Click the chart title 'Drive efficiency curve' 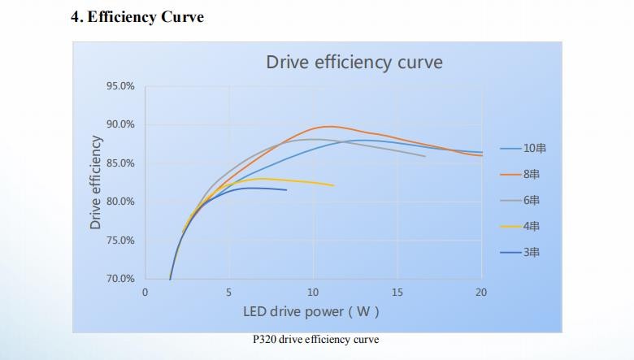(354, 63)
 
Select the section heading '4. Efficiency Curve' (137, 17)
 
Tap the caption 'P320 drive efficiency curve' (315, 339)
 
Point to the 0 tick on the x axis (145, 293)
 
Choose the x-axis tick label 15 (397, 293)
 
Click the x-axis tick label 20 (481, 293)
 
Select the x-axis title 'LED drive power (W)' (311, 311)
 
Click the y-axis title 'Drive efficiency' (96, 182)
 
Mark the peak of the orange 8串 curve (328, 126)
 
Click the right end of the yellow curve (333, 185)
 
